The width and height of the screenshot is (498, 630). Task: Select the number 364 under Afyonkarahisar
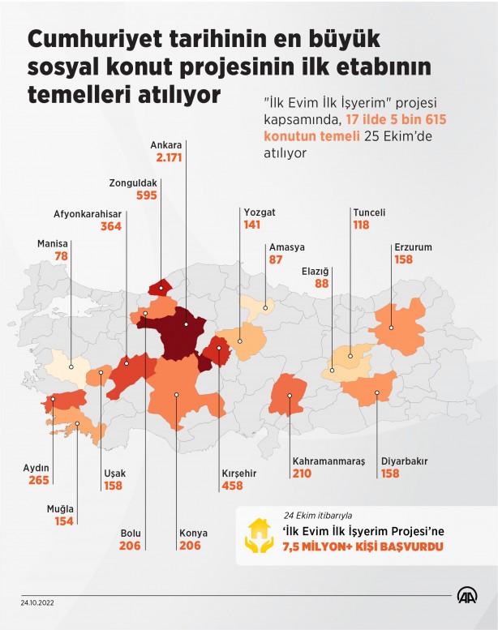(x=109, y=227)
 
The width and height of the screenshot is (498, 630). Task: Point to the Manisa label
(x=53, y=243)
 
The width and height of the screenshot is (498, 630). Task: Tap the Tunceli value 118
(x=360, y=225)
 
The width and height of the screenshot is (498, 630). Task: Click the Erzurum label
(x=412, y=247)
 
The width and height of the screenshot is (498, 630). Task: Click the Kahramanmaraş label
(x=328, y=461)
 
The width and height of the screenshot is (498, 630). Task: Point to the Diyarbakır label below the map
(x=404, y=461)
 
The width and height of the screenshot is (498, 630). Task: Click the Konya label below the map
(x=193, y=533)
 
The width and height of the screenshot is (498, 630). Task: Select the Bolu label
(x=131, y=533)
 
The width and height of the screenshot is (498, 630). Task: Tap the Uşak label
(x=115, y=474)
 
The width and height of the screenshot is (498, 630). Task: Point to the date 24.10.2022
(x=38, y=602)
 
